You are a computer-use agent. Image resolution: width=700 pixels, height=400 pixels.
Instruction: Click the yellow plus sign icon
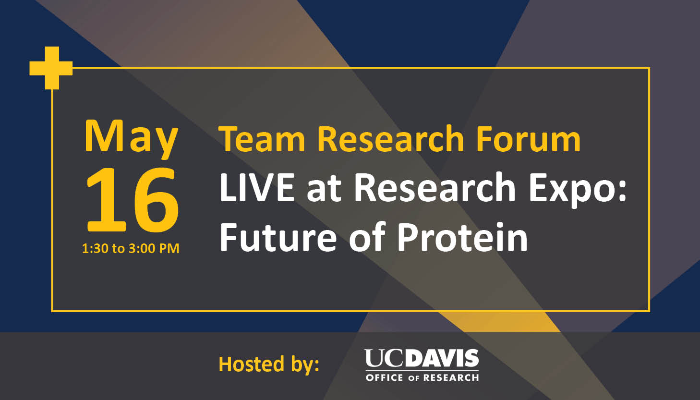[51, 68]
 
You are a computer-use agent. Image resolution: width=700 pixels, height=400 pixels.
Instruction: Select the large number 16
[133, 200]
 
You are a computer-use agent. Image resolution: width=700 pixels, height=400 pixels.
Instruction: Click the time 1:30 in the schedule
[95, 248]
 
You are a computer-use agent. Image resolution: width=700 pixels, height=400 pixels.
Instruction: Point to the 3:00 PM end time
[154, 248]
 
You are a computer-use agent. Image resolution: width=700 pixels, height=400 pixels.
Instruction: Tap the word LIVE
[257, 187]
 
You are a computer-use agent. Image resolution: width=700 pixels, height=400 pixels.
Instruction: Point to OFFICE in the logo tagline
[385, 377]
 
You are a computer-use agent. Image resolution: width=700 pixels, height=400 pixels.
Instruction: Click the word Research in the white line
[434, 187]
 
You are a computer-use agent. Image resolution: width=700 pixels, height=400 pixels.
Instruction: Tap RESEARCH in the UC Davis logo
[451, 377]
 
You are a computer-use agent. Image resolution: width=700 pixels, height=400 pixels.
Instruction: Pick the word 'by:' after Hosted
[305, 365]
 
